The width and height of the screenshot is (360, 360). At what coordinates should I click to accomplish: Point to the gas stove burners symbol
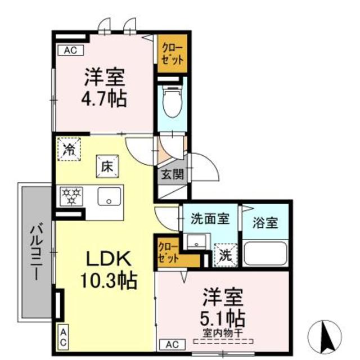pos(71,196)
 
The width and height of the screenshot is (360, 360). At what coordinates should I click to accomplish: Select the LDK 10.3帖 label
pos(109,268)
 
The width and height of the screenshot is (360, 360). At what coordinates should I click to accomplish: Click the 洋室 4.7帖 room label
pos(105,88)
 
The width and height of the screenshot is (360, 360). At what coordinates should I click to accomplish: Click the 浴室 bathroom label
pos(264,222)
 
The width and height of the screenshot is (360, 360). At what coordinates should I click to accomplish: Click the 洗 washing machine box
pos(224,254)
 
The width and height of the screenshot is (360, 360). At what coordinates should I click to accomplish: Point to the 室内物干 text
pos(223,332)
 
